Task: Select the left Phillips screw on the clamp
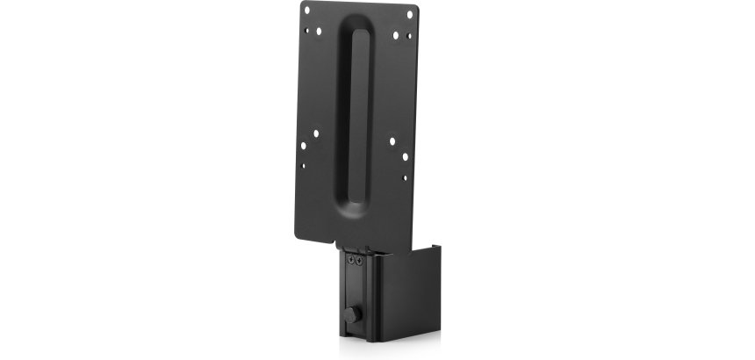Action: pyautogui.click(x=350, y=260)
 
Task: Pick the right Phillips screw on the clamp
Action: pyautogui.click(x=358, y=260)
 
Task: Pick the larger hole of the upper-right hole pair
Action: pyautogui.click(x=396, y=34)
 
